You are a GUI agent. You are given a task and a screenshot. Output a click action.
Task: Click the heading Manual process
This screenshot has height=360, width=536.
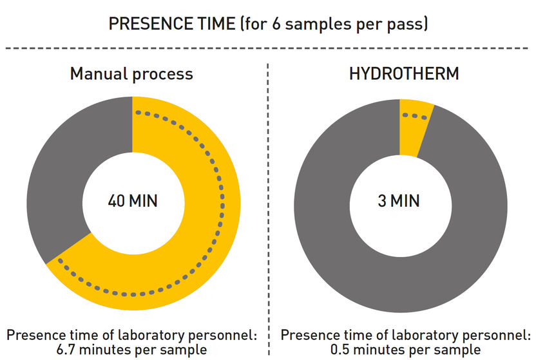[x=131, y=73]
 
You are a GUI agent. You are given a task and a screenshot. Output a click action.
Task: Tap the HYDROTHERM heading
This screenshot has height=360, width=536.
[x=404, y=73]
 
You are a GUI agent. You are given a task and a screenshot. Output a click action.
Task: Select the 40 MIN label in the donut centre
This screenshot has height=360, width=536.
[x=132, y=200]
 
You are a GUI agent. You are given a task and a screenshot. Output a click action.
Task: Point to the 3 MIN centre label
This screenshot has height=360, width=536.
[x=398, y=200]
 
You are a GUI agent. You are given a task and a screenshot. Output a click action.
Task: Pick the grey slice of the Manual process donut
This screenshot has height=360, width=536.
[x=58, y=174]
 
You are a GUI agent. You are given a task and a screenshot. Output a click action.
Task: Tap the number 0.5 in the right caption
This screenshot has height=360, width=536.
[x=343, y=350]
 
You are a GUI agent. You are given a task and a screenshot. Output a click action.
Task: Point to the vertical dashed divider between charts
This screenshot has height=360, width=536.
[x=268, y=193]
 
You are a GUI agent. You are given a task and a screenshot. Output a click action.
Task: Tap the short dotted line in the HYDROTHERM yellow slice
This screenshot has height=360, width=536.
[x=414, y=116]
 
